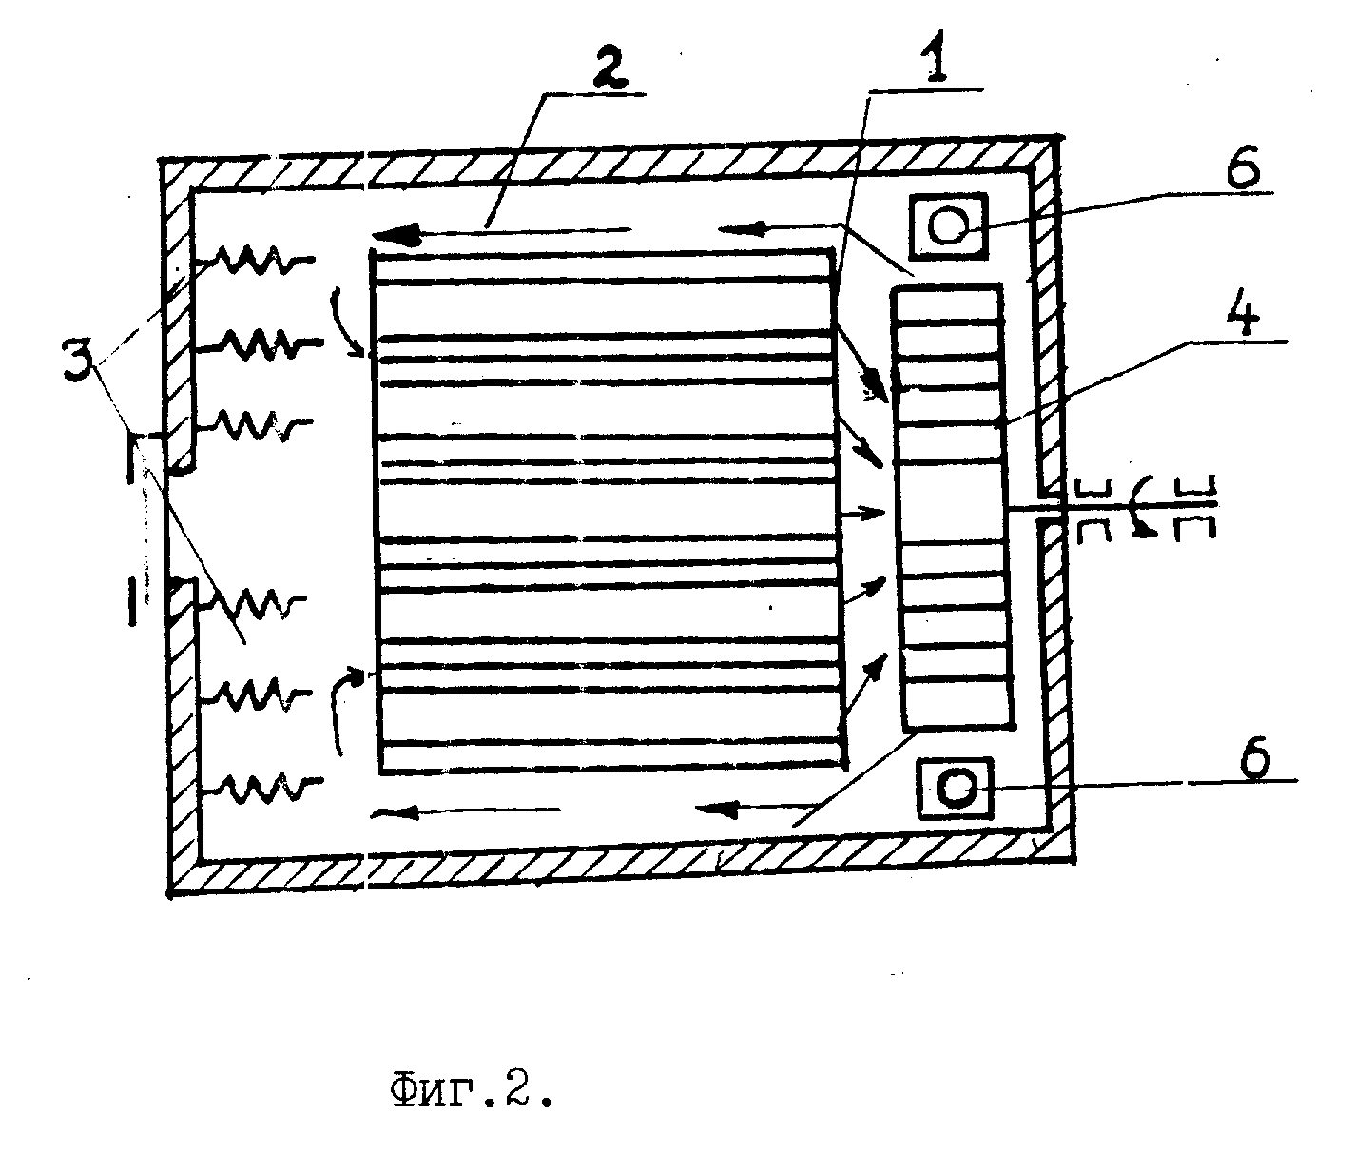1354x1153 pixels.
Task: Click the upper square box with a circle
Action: tap(948, 226)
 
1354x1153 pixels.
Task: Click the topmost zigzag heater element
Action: tap(258, 258)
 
